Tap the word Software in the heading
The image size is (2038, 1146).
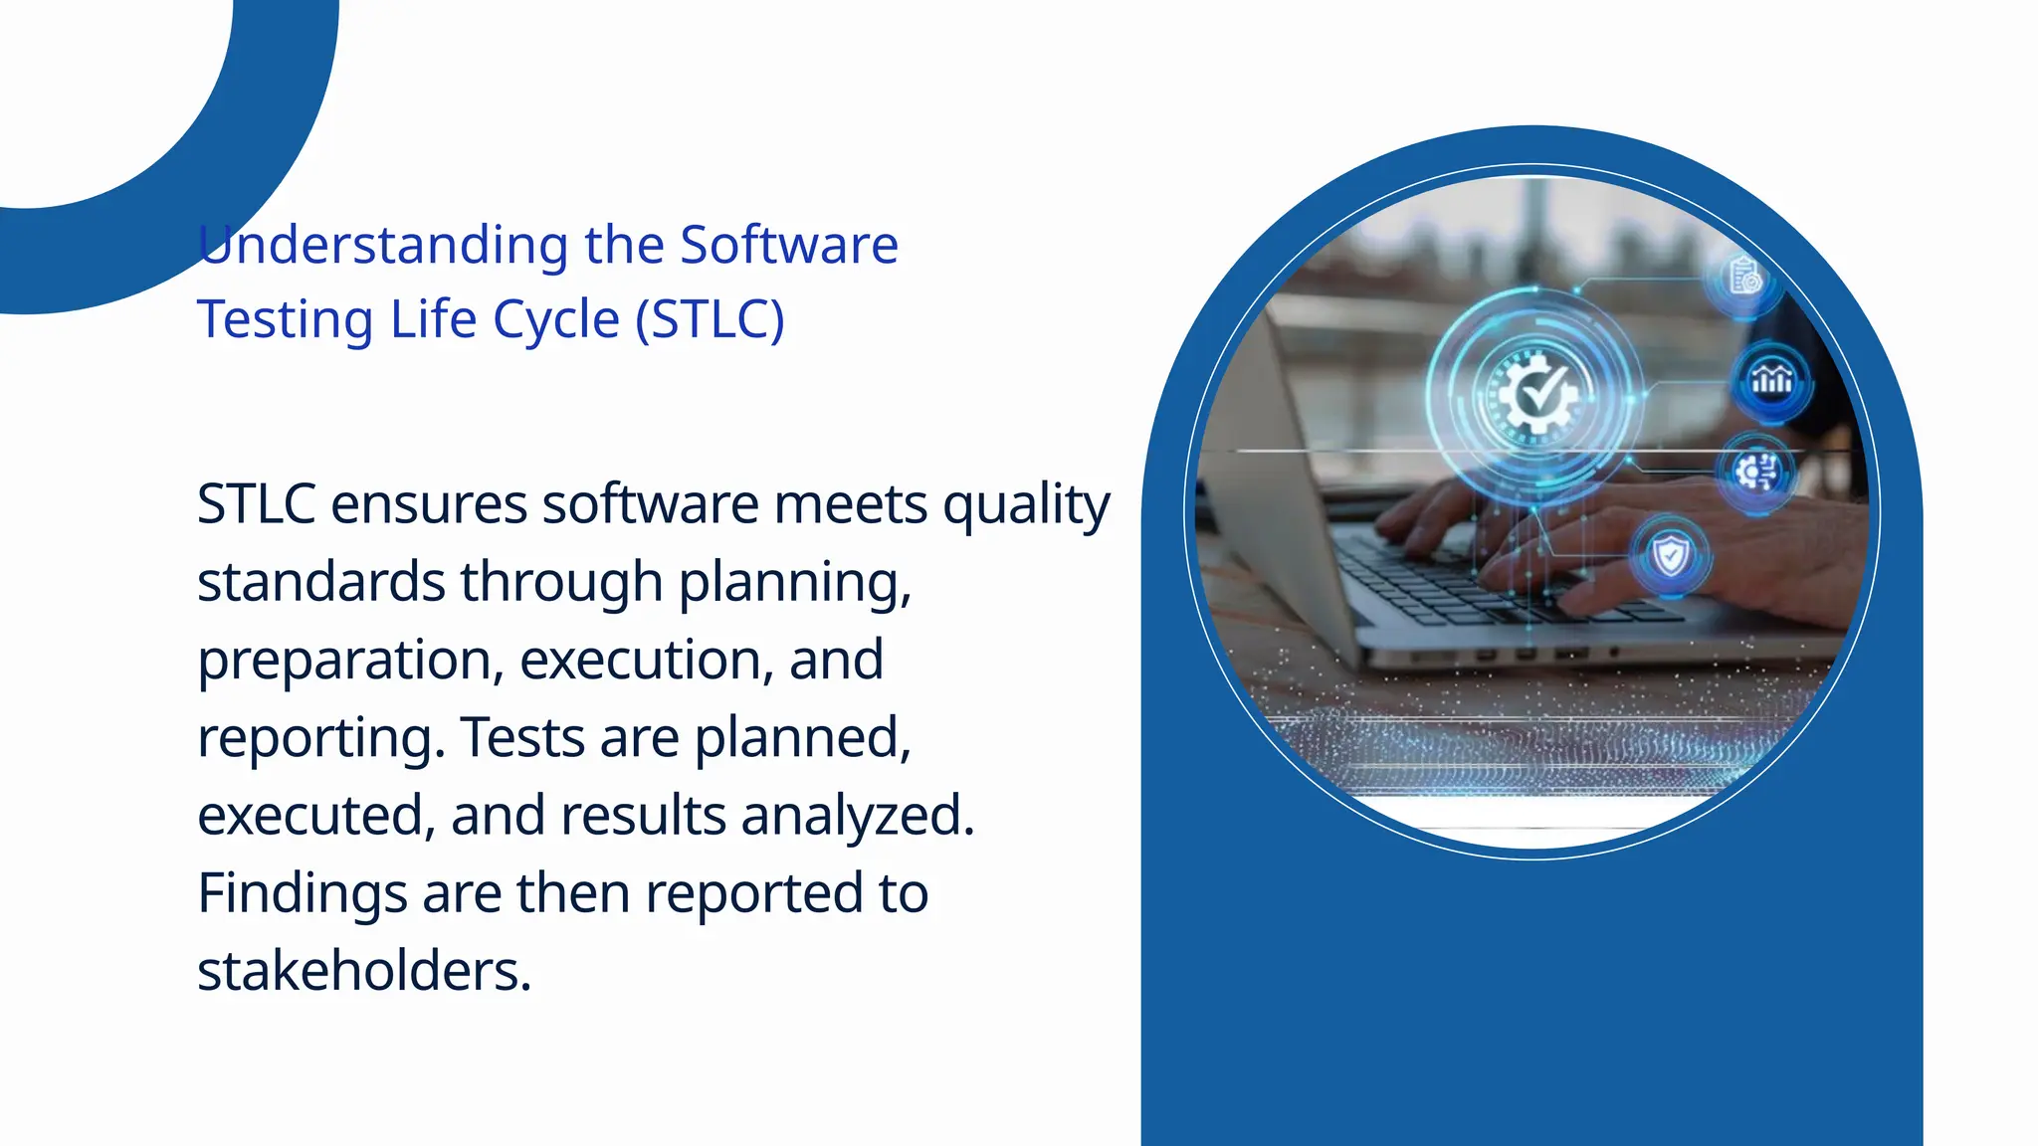tap(788, 246)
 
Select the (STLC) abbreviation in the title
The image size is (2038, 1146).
tap(710, 320)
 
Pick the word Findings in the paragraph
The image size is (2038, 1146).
tap(302, 893)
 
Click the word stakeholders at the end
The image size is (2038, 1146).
tap(363, 971)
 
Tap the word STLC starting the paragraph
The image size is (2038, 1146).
tap(256, 505)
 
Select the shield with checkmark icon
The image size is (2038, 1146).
tap(1670, 555)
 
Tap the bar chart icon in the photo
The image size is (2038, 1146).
tap(1771, 379)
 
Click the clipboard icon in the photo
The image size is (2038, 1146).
tap(1744, 277)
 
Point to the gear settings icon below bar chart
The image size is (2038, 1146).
tap(1756, 471)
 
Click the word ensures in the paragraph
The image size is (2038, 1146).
tap(429, 505)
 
